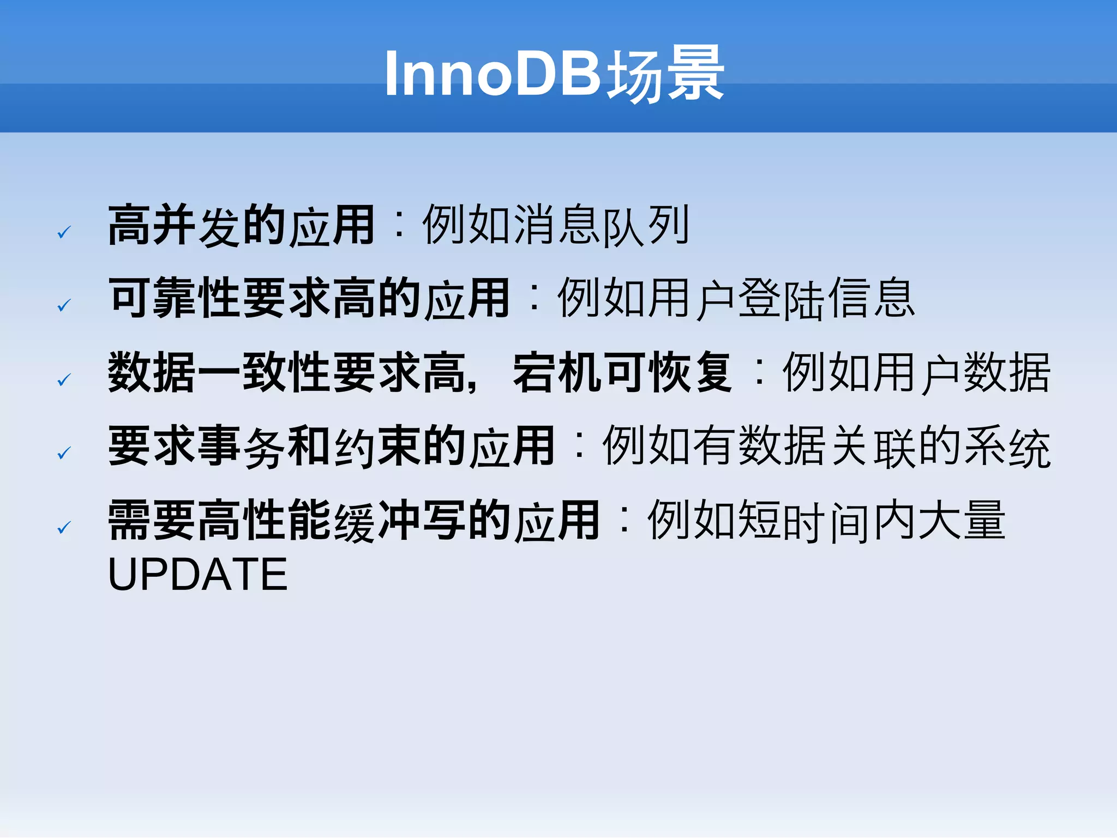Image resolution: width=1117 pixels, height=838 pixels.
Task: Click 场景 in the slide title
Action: [x=665, y=74]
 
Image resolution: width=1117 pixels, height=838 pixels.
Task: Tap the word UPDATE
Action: [x=197, y=575]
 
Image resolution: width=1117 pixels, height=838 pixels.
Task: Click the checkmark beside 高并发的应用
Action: [x=64, y=233]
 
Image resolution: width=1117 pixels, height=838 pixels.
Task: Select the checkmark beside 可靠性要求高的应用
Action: [x=64, y=305]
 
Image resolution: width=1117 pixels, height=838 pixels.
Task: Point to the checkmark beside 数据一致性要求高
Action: [x=64, y=379]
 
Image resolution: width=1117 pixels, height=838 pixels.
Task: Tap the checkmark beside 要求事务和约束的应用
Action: [x=64, y=453]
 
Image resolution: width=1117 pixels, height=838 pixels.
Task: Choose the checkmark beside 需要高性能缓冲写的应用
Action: [x=64, y=527]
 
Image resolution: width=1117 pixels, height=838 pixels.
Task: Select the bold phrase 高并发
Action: [x=175, y=225]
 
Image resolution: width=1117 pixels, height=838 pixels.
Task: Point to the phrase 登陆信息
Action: [x=826, y=298]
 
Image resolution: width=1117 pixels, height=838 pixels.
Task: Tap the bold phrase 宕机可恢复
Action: [x=622, y=373]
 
